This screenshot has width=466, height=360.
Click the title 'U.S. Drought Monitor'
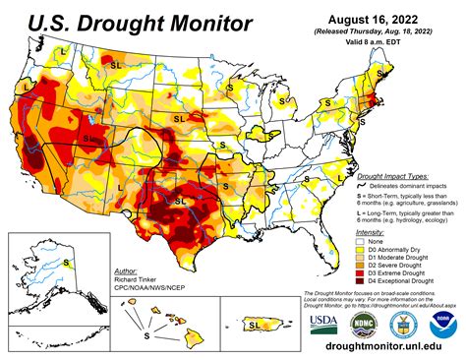(125, 21)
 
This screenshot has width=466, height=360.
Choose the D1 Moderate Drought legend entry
(393, 257)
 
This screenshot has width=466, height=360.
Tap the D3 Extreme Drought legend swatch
(361, 274)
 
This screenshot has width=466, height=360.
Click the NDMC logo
(364, 324)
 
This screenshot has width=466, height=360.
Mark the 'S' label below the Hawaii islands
(146, 334)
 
